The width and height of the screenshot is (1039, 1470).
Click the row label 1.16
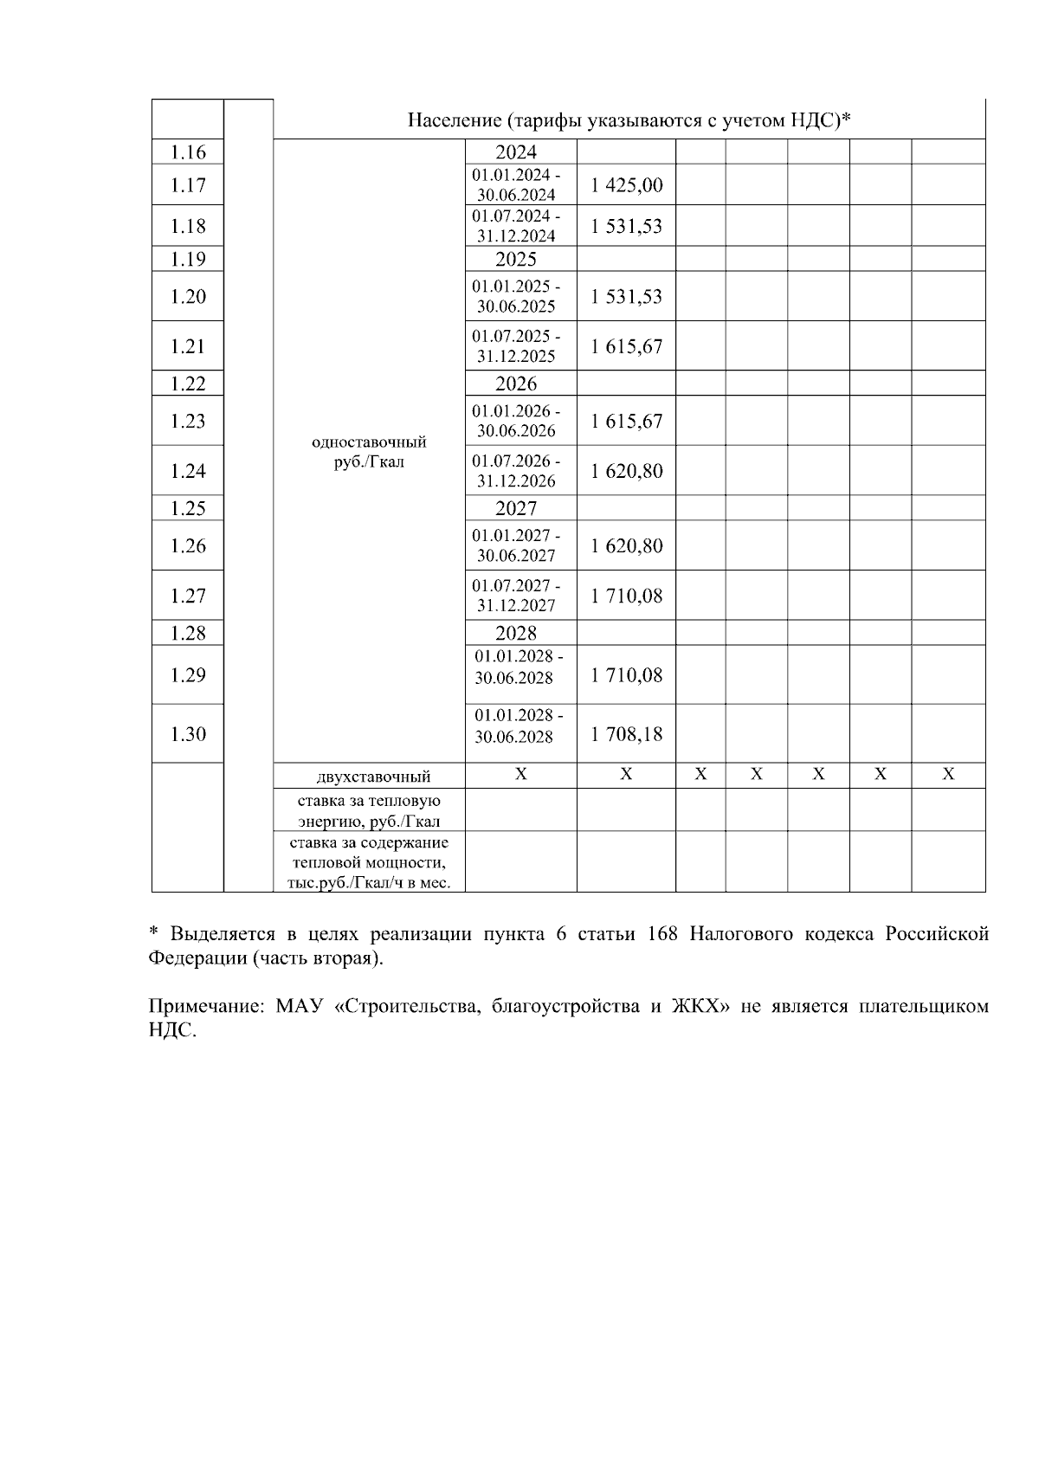(x=188, y=152)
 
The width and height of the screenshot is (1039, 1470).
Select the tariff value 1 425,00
(x=627, y=184)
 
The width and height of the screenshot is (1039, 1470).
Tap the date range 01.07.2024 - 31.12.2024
(x=516, y=226)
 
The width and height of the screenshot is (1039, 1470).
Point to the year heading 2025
(x=516, y=259)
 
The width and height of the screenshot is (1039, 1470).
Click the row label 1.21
(x=188, y=346)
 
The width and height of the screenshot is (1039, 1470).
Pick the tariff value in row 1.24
(x=627, y=471)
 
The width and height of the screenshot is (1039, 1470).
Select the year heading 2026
(x=516, y=384)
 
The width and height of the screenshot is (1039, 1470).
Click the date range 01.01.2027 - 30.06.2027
(x=516, y=545)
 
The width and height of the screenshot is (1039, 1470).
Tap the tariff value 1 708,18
(x=627, y=734)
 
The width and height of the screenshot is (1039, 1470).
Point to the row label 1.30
(x=188, y=734)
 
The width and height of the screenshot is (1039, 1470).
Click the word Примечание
(x=204, y=1008)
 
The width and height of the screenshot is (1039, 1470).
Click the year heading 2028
(x=516, y=633)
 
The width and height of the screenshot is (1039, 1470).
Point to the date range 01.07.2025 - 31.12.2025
(x=516, y=346)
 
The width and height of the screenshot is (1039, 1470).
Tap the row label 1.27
(x=188, y=596)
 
